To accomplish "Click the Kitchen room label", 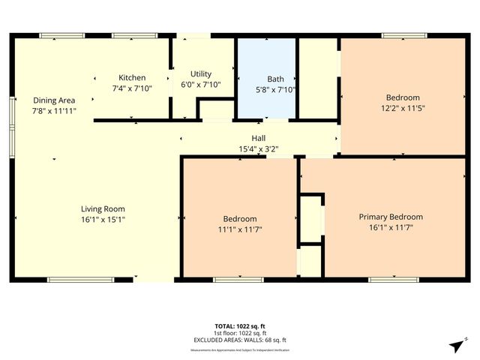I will (132, 77).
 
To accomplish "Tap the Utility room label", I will (200, 73).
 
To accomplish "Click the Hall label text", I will (258, 138).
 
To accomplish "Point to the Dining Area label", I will (53, 100).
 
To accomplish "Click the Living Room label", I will (103, 208).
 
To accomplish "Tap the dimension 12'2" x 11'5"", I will (403, 108).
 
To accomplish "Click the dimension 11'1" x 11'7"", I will (240, 229).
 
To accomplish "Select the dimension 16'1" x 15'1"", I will (103, 220).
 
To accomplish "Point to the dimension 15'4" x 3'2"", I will (258, 148).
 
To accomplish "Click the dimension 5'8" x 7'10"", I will (275, 89).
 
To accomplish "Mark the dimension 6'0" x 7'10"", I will (200, 85).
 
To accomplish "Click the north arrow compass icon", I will (455, 345).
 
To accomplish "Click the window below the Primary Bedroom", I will (393, 280).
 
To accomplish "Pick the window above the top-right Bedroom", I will (404, 35).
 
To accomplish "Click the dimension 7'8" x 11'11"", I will (54, 110).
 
